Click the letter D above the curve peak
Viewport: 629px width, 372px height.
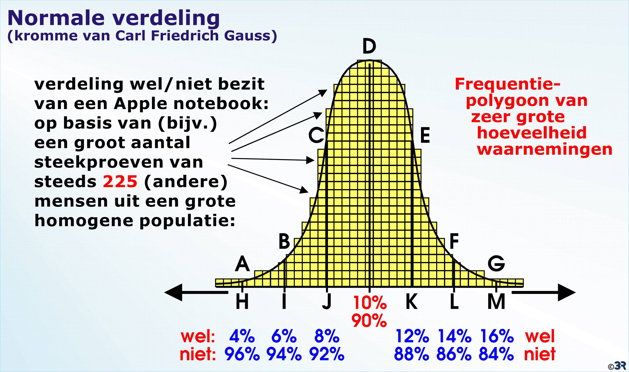pyautogui.click(x=369, y=47)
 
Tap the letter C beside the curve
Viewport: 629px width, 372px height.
pyautogui.click(x=316, y=135)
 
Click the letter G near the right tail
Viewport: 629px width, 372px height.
pyautogui.click(x=496, y=264)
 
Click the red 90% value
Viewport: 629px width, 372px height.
pyautogui.click(x=369, y=321)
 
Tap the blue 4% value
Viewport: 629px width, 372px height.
pyautogui.click(x=242, y=336)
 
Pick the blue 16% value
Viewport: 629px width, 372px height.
pyautogui.click(x=497, y=336)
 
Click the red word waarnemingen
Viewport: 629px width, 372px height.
pyautogui.click(x=545, y=150)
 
